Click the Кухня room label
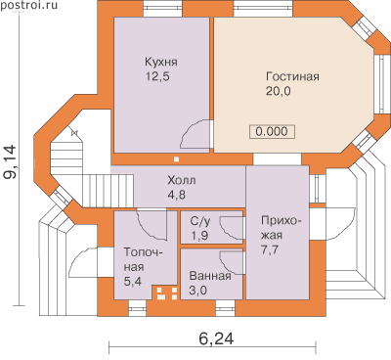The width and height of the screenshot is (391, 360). click(161, 62)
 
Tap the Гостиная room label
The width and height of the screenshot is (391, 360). click(292, 76)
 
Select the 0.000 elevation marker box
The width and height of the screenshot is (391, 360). click(272, 132)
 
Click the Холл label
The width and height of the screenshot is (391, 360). click(182, 180)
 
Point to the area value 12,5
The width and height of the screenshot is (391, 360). click(157, 76)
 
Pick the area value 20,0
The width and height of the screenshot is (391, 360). click(279, 91)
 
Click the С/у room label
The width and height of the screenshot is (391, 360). click(200, 221)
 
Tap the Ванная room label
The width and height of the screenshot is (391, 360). click(210, 276)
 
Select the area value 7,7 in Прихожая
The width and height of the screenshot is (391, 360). click(270, 250)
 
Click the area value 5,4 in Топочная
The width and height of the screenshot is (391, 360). click(133, 281)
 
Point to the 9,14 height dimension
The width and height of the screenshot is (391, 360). click(10, 162)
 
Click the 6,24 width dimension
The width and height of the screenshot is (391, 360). click(216, 339)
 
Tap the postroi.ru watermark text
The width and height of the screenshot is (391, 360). click(28, 5)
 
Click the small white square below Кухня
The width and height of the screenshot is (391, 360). click(176, 159)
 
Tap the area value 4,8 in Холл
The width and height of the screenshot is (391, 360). click(176, 195)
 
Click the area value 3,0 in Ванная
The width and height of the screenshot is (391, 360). click(198, 290)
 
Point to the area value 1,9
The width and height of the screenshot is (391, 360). click(199, 236)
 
